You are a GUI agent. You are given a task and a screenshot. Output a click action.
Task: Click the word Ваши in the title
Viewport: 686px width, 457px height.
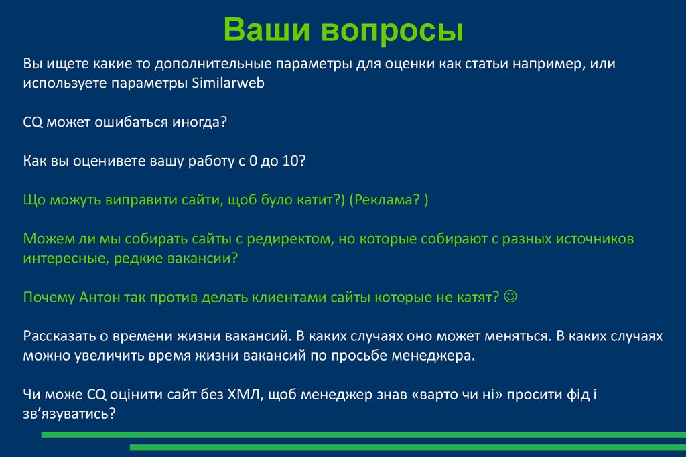click(x=267, y=30)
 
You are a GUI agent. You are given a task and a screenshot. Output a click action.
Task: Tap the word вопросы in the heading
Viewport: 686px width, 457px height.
click(x=391, y=30)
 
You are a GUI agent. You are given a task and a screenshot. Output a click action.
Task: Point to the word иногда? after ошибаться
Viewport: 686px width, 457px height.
click(x=196, y=123)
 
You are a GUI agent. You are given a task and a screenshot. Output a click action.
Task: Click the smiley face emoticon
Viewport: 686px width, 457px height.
click(x=510, y=296)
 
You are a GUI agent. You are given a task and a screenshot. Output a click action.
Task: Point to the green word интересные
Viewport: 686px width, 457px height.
click(x=62, y=258)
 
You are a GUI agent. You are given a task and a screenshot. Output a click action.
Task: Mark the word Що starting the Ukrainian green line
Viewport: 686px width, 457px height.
click(x=33, y=200)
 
